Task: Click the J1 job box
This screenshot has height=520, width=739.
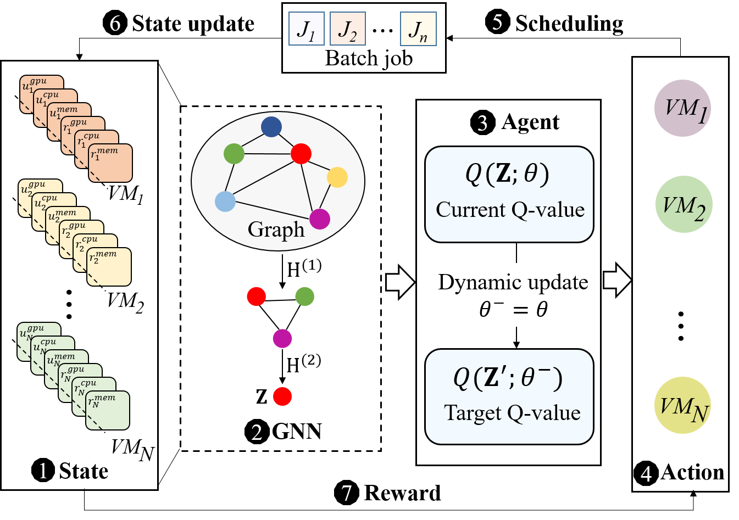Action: pyautogui.click(x=306, y=29)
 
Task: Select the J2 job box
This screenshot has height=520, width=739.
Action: pyautogui.click(x=347, y=29)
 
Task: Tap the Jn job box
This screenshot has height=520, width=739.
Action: pyautogui.click(x=418, y=29)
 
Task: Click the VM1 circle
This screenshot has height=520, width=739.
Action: pyautogui.click(x=682, y=108)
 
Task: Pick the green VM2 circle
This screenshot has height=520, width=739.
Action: pyautogui.click(x=684, y=204)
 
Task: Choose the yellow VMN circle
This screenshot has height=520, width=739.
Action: pyautogui.click(x=682, y=405)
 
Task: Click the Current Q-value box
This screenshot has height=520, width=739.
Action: pyautogui.click(x=509, y=194)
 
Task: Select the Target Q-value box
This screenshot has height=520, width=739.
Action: pyautogui.click(x=509, y=396)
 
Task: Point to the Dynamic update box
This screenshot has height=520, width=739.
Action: pyautogui.click(x=513, y=295)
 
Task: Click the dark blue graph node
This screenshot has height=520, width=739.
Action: pyautogui.click(x=271, y=126)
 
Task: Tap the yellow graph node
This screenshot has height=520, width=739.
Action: pyautogui.click(x=337, y=177)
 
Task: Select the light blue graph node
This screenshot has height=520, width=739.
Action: pyautogui.click(x=225, y=202)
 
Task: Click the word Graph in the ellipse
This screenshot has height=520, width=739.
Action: pyautogui.click(x=276, y=230)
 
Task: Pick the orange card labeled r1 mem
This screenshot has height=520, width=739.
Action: pyautogui.click(x=110, y=163)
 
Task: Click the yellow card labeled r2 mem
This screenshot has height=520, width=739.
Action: pyautogui.click(x=109, y=267)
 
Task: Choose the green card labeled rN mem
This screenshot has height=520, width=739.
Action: pyautogui.click(x=108, y=410)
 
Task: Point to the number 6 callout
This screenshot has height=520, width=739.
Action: pyautogui.click(x=115, y=24)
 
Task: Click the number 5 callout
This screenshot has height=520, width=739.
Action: pyautogui.click(x=497, y=23)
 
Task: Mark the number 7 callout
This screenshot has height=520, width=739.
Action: pyautogui.click(x=346, y=493)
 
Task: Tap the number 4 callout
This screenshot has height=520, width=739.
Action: pyautogui.click(x=646, y=474)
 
